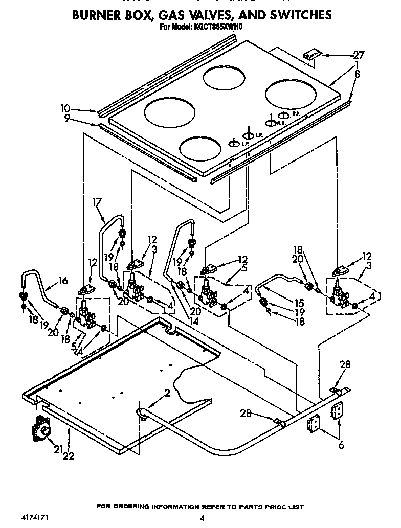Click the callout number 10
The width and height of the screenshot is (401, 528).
pyautogui.click(x=64, y=108)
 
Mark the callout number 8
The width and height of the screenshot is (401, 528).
pyautogui.click(x=357, y=74)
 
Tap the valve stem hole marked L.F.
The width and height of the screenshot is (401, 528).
pyautogui.click(x=234, y=144)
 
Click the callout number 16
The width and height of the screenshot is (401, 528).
pyautogui.click(x=63, y=280)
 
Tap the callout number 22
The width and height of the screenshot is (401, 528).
pyautogui.click(x=68, y=455)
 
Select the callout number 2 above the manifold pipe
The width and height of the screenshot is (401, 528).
pyautogui.click(x=167, y=393)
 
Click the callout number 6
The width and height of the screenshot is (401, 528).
pyautogui.click(x=341, y=445)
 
